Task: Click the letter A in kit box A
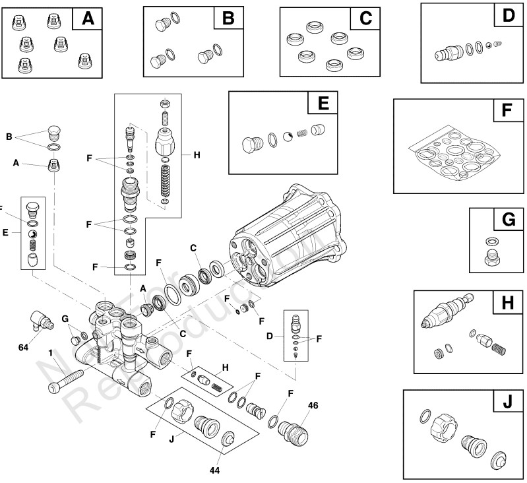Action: click(87, 18)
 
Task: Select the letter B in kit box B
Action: click(228, 18)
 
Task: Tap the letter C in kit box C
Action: click(364, 19)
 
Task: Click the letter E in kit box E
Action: click(323, 104)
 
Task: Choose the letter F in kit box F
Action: click(507, 111)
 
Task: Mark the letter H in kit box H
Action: click(507, 303)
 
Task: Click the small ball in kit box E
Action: click(288, 137)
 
